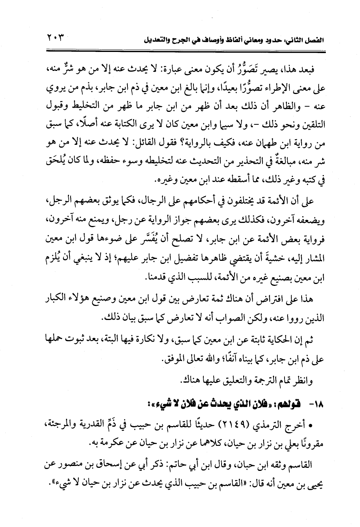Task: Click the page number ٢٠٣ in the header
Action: point(55,38)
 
